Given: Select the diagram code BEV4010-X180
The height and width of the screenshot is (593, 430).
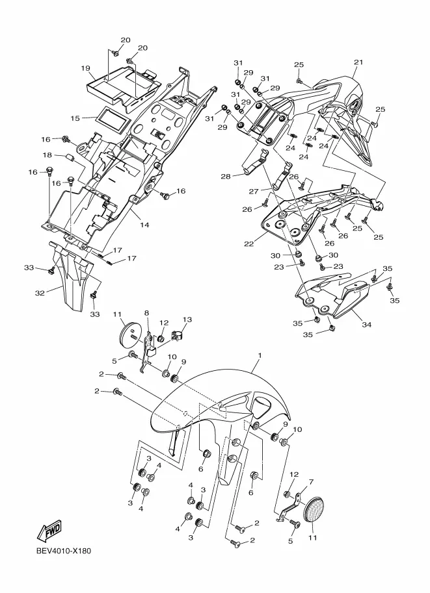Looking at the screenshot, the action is pyautogui.click(x=64, y=551).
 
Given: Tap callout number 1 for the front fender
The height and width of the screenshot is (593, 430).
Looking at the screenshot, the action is pyautogui.click(x=260, y=355).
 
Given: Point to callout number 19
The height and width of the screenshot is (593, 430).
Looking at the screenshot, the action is pyautogui.click(x=85, y=68).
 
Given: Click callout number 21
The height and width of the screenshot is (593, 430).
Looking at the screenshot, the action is pyautogui.click(x=358, y=62).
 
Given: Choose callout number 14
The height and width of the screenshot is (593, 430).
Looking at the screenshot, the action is pyautogui.click(x=144, y=225).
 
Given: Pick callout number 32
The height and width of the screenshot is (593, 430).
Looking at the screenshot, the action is pyautogui.click(x=40, y=293).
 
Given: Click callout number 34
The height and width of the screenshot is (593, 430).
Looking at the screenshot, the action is pyautogui.click(x=366, y=324).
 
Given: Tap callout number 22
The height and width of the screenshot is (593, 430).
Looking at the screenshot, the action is pyautogui.click(x=249, y=244).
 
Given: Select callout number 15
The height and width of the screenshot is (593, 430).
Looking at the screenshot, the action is pyautogui.click(x=75, y=118).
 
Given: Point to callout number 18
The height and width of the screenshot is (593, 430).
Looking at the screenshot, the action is pyautogui.click(x=47, y=155).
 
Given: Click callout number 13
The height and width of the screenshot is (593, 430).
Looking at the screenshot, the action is pyautogui.click(x=187, y=319).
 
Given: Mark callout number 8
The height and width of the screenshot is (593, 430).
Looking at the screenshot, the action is pyautogui.click(x=146, y=313).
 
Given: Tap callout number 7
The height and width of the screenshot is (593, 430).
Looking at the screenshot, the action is pyautogui.click(x=311, y=481).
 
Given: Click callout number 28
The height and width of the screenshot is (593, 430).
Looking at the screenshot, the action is pyautogui.click(x=226, y=177).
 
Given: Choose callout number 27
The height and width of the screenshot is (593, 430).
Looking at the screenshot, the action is pyautogui.click(x=254, y=192).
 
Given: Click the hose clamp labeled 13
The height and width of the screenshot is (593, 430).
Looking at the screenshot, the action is pyautogui.click(x=176, y=335).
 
